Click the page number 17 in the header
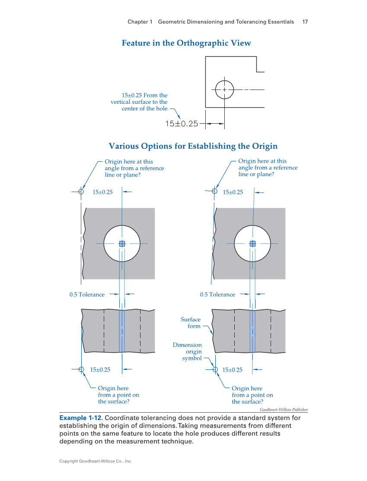(x=305, y=22)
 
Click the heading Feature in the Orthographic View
(x=186, y=43)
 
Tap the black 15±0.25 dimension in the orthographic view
(x=182, y=124)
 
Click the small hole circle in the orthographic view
(x=224, y=90)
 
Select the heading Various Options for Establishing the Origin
(x=193, y=146)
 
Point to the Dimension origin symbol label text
(x=187, y=351)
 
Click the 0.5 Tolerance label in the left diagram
(x=87, y=295)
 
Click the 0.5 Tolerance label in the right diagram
(x=217, y=295)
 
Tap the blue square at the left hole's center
(x=122, y=244)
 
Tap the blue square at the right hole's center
(x=252, y=244)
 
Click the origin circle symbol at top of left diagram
(x=81, y=192)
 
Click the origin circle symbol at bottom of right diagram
(x=215, y=369)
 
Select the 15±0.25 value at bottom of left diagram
(x=100, y=370)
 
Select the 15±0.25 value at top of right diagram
(x=233, y=192)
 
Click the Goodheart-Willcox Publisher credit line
(x=284, y=410)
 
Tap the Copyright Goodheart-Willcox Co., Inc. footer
(x=95, y=461)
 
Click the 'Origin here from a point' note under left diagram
(x=118, y=395)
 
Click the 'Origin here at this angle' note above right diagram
(x=268, y=167)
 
